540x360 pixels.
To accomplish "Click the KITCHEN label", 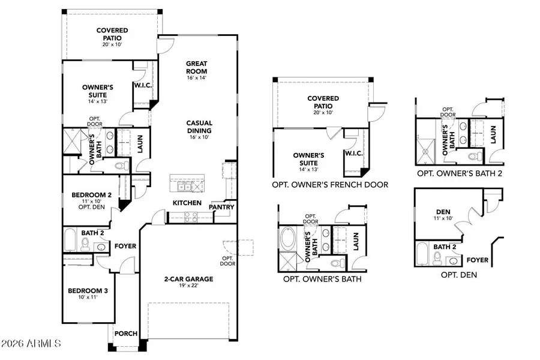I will tap(187, 203).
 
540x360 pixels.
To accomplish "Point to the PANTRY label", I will tap(221, 207).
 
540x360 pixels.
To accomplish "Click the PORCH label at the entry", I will tap(125, 334).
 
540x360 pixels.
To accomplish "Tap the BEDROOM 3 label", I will tap(88, 290).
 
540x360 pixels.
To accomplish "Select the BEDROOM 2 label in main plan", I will tap(92, 195).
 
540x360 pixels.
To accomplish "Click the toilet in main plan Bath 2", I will tap(85, 244).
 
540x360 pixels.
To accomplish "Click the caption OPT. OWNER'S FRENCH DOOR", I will tap(329, 185).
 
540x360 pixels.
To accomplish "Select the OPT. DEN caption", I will tap(455, 274).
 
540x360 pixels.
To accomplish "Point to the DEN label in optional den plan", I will tap(443, 211).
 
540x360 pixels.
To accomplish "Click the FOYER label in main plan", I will tap(125, 246).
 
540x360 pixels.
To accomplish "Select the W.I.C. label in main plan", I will tap(142, 85).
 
